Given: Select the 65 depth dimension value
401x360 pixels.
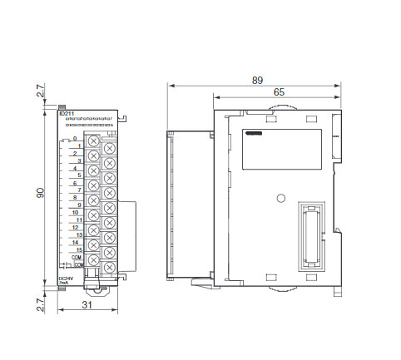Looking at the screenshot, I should tap(277, 94).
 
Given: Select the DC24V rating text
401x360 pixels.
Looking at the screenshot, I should tap(65, 278).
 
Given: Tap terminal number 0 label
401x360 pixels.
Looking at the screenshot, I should tap(75, 139).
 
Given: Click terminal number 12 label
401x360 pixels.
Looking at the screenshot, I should tap(76, 227).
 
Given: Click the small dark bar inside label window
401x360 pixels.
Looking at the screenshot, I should tap(253, 132).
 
